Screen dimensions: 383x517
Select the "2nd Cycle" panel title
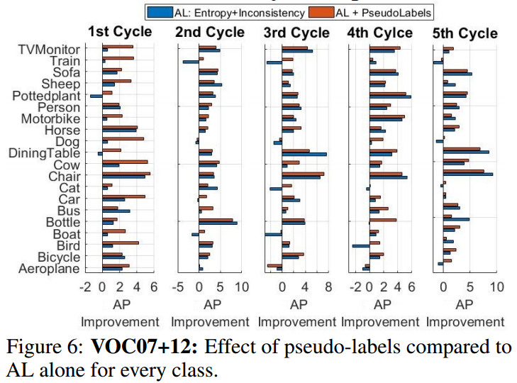(210, 32)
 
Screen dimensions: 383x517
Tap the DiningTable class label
(47, 152)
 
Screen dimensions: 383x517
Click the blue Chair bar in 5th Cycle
(467, 174)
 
